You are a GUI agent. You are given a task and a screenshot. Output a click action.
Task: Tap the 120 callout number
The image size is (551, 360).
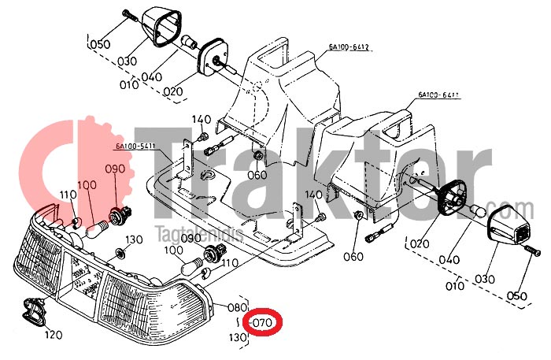click(53, 335)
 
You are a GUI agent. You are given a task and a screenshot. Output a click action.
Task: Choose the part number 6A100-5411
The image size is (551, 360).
click(135, 146)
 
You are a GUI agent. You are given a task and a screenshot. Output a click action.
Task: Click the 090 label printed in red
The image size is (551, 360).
click(115, 169)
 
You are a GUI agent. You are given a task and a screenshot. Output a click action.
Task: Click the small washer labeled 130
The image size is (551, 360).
click(120, 253)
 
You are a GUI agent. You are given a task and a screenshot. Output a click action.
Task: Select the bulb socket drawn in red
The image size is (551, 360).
click(120, 212)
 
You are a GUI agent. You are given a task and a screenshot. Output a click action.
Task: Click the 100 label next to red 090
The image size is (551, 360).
click(87, 185)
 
